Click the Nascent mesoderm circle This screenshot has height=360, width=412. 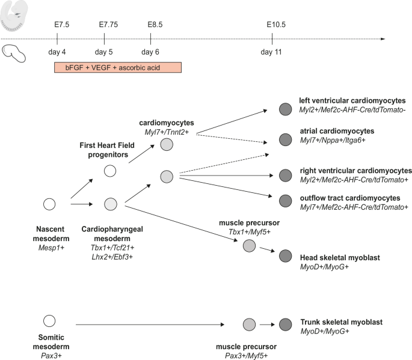pos(49,204)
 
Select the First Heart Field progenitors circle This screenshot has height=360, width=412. pos(110,171)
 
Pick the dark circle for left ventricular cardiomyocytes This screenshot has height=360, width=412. pos(285,109)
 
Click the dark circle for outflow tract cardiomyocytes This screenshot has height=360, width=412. pos(285,198)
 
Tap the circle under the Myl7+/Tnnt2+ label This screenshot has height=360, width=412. pos(167,144)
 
